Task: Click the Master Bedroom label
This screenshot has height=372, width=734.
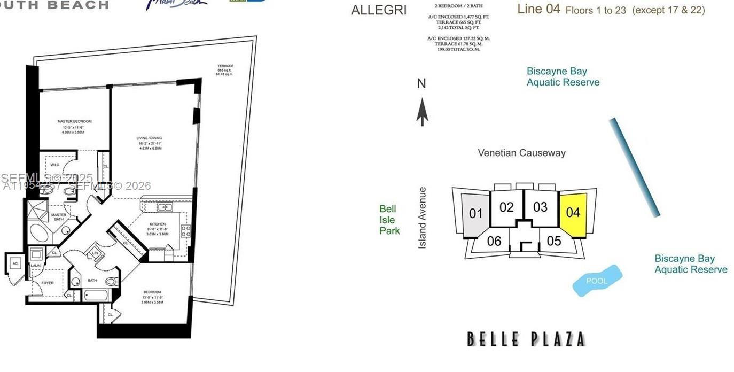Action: coord(74,121)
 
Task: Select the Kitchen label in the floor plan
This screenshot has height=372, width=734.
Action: coord(157,224)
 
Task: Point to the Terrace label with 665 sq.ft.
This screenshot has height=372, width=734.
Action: coord(225,66)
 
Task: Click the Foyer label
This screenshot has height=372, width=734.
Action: coord(47,283)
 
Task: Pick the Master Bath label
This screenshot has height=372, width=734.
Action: coord(58,215)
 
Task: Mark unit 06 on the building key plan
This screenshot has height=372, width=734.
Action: coord(494,241)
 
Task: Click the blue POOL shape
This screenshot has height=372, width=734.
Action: coord(597,281)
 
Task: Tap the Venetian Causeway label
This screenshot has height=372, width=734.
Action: coord(521,153)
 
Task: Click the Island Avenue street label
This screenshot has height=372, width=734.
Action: coord(423,217)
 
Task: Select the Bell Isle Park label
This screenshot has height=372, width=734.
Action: coord(389,220)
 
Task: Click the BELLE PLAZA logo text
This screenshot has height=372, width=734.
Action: coord(526,339)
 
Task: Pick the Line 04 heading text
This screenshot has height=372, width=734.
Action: coord(538,9)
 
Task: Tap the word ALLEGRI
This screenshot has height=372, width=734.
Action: coord(378,10)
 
